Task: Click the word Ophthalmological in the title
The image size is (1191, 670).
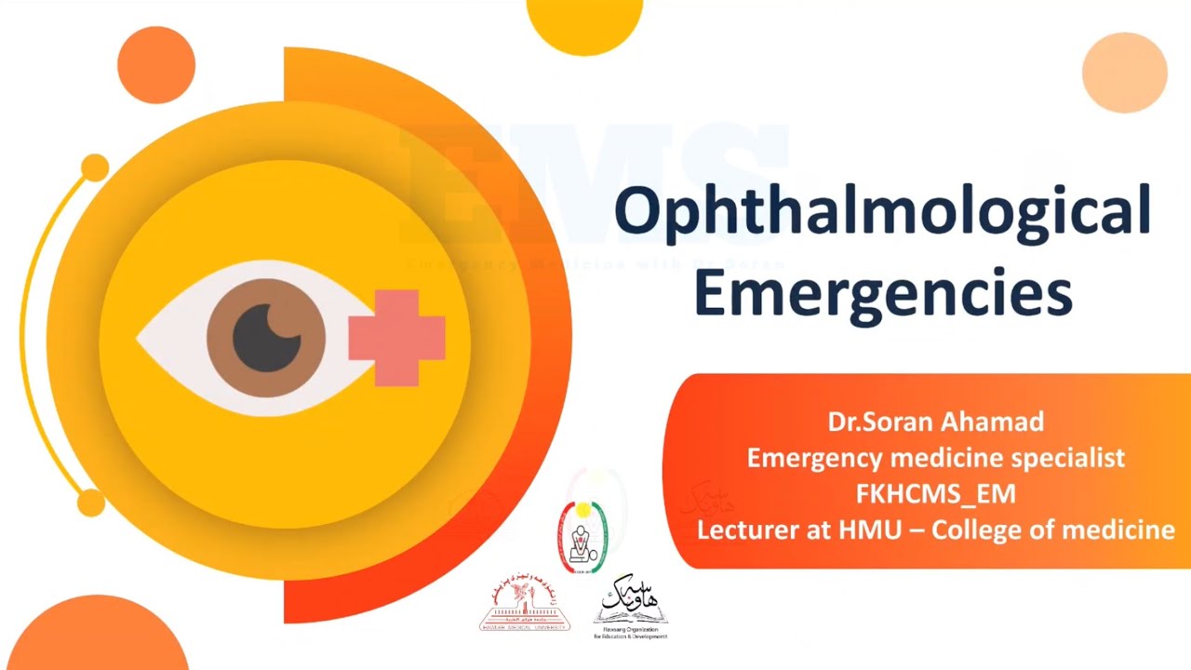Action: pyautogui.click(x=882, y=213)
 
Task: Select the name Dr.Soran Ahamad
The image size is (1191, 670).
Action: pyautogui.click(x=935, y=422)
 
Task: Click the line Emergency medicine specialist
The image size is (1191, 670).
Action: pyautogui.click(x=935, y=458)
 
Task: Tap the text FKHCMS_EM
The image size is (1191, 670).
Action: pyautogui.click(x=935, y=494)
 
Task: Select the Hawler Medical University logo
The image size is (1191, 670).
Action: pyautogui.click(x=525, y=605)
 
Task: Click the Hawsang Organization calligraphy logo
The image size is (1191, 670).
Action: pyautogui.click(x=631, y=605)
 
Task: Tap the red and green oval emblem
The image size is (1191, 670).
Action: pyautogui.click(x=582, y=537)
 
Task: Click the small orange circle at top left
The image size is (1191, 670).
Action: pyautogui.click(x=156, y=64)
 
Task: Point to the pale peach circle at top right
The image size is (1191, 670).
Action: pyautogui.click(x=1124, y=72)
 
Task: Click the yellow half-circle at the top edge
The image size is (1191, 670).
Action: pyautogui.click(x=584, y=20)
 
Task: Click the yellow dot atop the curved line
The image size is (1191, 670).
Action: pyautogui.click(x=94, y=168)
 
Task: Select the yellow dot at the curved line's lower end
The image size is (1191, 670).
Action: pyautogui.click(x=90, y=502)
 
